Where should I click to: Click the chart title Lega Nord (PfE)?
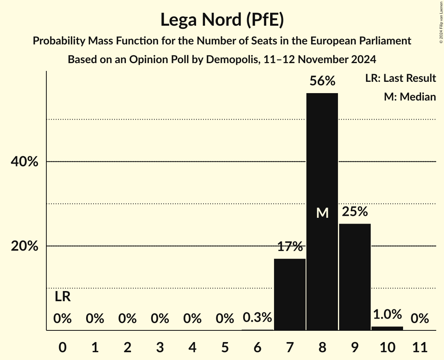coord(222,20)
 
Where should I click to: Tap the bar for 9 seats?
coord(355,277)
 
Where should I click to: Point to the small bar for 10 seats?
coord(387,328)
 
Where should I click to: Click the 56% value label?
coord(322,81)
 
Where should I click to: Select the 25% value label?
coord(355,212)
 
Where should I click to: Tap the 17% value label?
coord(290,247)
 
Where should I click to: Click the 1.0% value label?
coord(387,314)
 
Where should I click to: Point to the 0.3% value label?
coord(257,318)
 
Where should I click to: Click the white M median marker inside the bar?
coord(322,213)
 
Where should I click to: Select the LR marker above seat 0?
coord(62,297)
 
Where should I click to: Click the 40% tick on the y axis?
coord(24,162)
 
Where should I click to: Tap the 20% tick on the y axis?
coord(24,246)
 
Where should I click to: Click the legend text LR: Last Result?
coord(400,78)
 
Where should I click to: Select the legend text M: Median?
coord(410,97)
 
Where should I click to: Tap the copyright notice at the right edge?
coord(440,21)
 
